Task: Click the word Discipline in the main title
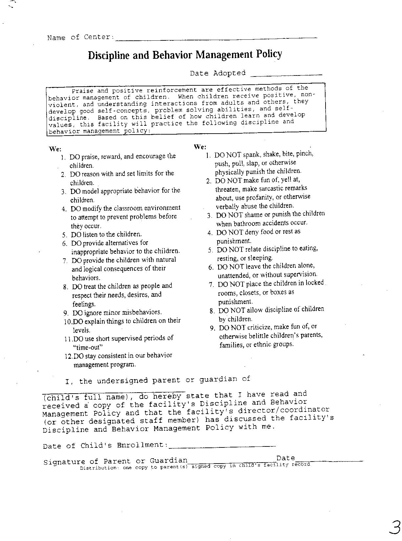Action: [x=109, y=55]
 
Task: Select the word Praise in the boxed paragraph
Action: [x=83, y=91]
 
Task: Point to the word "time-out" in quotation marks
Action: [x=88, y=347]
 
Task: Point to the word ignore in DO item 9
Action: [x=93, y=313]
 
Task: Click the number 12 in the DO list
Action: [x=69, y=356]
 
